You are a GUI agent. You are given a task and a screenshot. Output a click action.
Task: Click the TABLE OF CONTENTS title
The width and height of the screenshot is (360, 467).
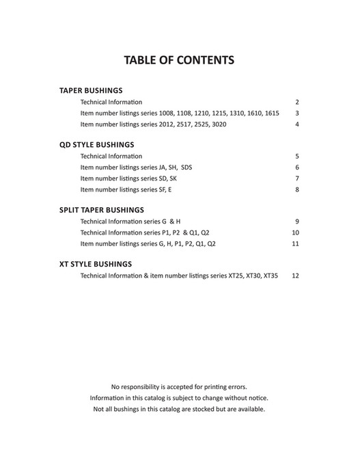pos(179,60)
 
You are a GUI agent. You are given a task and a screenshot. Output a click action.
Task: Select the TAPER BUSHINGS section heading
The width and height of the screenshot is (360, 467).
pos(91,90)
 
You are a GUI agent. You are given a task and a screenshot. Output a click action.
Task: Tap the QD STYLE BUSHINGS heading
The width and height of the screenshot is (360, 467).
pos(96,145)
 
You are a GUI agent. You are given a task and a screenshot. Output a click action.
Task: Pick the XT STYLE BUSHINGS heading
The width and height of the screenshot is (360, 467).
pos(96,264)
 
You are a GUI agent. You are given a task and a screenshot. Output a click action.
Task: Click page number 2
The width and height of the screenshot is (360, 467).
pos(297,101)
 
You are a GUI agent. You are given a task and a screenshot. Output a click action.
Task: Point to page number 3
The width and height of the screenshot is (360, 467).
pos(297,113)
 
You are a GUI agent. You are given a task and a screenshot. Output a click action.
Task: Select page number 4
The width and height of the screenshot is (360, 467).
pos(297,124)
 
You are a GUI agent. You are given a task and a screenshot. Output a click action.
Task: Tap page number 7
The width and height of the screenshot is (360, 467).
pos(297,178)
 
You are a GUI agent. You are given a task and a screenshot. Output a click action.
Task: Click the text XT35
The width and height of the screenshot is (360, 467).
pos(271,276)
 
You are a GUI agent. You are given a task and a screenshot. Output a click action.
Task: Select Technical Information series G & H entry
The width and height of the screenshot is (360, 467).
pos(130,222)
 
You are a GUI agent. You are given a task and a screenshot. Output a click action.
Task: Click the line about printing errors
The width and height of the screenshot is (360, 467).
pos(179,386)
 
